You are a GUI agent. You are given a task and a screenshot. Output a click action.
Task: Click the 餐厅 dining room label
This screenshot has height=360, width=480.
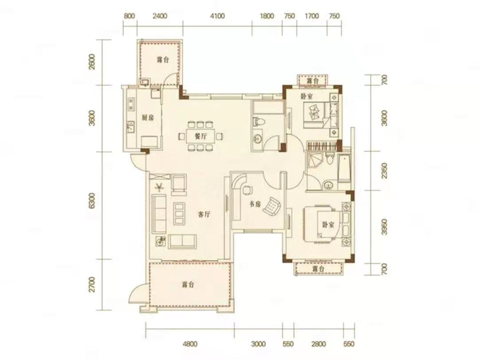pyautogui.click(x=201, y=137)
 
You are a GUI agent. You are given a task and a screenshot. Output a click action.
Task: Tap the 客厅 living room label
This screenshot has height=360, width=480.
pyautogui.click(x=204, y=215)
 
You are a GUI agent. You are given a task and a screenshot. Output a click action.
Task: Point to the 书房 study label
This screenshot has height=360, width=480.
pyautogui.click(x=254, y=204)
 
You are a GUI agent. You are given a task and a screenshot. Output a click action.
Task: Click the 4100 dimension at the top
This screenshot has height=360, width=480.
pyautogui.click(x=217, y=16)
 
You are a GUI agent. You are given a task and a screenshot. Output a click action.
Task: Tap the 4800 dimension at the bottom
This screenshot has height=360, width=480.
pyautogui.click(x=190, y=344)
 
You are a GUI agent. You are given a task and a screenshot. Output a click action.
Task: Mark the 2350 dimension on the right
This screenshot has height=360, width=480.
pyautogui.click(x=385, y=171)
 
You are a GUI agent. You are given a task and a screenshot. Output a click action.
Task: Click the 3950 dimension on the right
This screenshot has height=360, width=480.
pyautogui.click(x=385, y=227)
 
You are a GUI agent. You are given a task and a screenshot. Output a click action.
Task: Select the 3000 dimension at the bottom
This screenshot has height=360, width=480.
pyautogui.click(x=258, y=344)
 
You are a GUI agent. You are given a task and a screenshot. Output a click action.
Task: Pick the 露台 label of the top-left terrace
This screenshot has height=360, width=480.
pyautogui.click(x=163, y=60)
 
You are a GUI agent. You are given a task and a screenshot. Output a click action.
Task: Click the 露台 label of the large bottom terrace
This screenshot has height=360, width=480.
pyautogui.click(x=187, y=285)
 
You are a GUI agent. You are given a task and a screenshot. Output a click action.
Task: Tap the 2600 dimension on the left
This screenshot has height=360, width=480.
pyautogui.click(x=91, y=62)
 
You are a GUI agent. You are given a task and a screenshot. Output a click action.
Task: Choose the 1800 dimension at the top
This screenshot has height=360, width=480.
pyautogui.click(x=267, y=16)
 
